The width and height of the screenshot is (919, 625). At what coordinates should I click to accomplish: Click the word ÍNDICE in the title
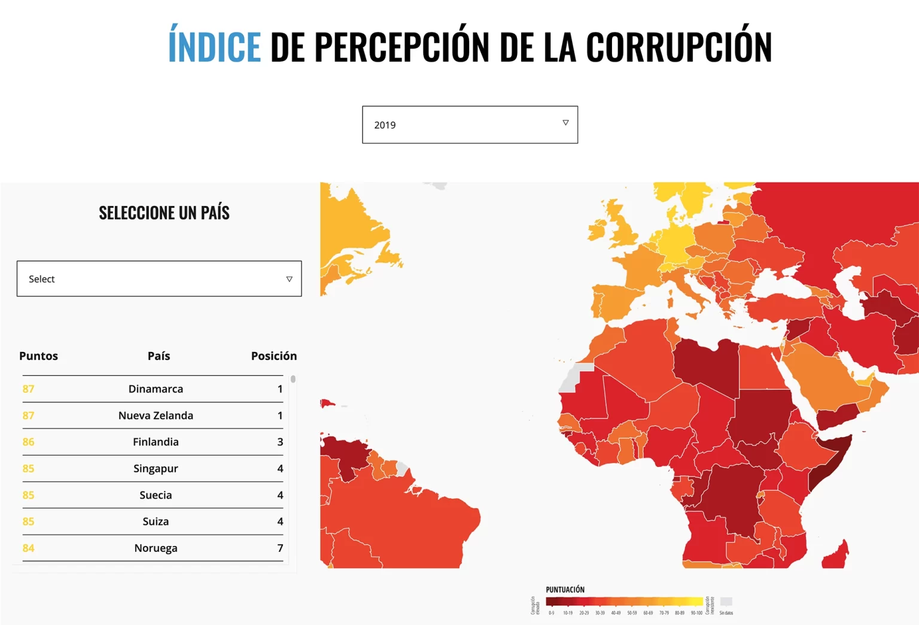coord(214,47)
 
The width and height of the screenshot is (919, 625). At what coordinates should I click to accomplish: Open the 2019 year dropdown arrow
coord(565,123)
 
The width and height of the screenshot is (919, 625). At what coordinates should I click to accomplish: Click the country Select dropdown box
coord(159,279)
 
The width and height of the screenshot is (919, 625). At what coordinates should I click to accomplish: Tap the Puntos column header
coord(38,356)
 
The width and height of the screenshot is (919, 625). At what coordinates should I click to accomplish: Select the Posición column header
coord(273,356)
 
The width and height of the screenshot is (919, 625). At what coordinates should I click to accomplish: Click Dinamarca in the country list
coord(156,389)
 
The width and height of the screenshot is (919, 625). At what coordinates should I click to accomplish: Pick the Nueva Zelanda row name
coord(156,415)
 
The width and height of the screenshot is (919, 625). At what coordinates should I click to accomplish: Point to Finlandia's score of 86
coord(28,442)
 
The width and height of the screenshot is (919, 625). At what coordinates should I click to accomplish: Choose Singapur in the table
coord(156,469)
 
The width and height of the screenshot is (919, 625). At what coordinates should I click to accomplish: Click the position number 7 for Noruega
coord(280,548)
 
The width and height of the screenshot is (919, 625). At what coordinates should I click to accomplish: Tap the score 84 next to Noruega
coord(28,548)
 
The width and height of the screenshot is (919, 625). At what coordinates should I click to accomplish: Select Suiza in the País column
coord(156,521)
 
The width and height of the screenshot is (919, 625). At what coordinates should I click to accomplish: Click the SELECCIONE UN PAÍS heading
coord(164,213)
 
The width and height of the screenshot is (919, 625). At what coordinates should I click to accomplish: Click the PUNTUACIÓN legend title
coord(565,590)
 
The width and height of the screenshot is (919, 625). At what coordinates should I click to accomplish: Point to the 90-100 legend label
coord(696,613)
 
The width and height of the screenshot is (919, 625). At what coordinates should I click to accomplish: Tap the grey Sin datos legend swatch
coord(726,602)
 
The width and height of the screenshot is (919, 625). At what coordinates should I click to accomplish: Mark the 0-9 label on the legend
coord(551,613)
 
